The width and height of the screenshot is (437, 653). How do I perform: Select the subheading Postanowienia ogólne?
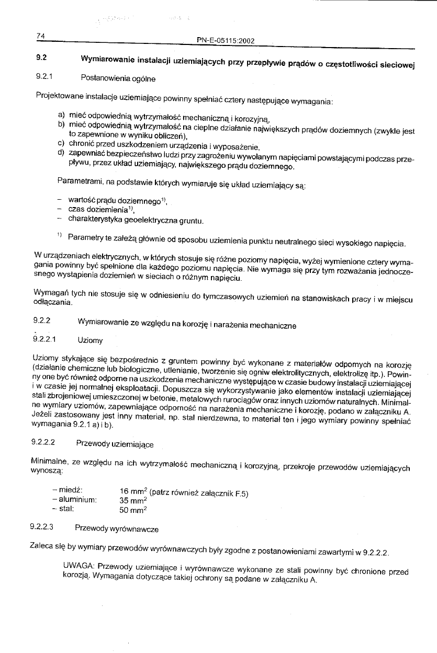[x=118, y=78]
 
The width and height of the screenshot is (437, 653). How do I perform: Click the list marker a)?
[x=61, y=115]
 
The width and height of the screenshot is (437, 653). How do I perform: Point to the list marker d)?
[x=61, y=153]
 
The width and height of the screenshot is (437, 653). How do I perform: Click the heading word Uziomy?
[x=90, y=340]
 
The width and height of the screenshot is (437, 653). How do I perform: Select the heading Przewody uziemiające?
[x=115, y=445]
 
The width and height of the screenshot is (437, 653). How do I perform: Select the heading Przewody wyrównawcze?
[x=117, y=529]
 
